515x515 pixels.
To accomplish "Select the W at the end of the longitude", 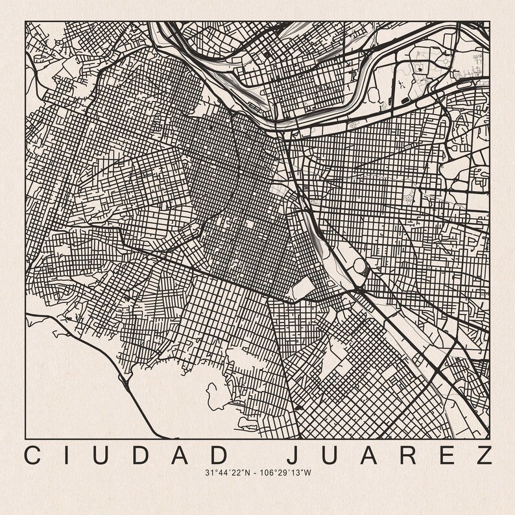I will point(308,473).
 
